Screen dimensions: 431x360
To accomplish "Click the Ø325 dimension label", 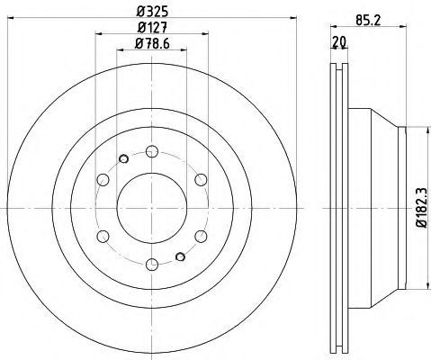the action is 152,12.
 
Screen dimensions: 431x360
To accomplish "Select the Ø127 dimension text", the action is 152,28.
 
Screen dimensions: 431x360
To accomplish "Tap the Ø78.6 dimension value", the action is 152,44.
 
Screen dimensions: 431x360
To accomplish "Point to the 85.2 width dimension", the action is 368,21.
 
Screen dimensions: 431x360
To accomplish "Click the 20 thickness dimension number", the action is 339,42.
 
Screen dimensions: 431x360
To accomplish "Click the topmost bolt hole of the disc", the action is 152,151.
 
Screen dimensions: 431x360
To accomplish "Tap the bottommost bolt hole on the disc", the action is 152,265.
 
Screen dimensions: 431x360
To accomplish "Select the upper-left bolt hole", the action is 103,180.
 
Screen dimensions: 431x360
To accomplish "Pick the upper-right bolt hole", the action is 201,180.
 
